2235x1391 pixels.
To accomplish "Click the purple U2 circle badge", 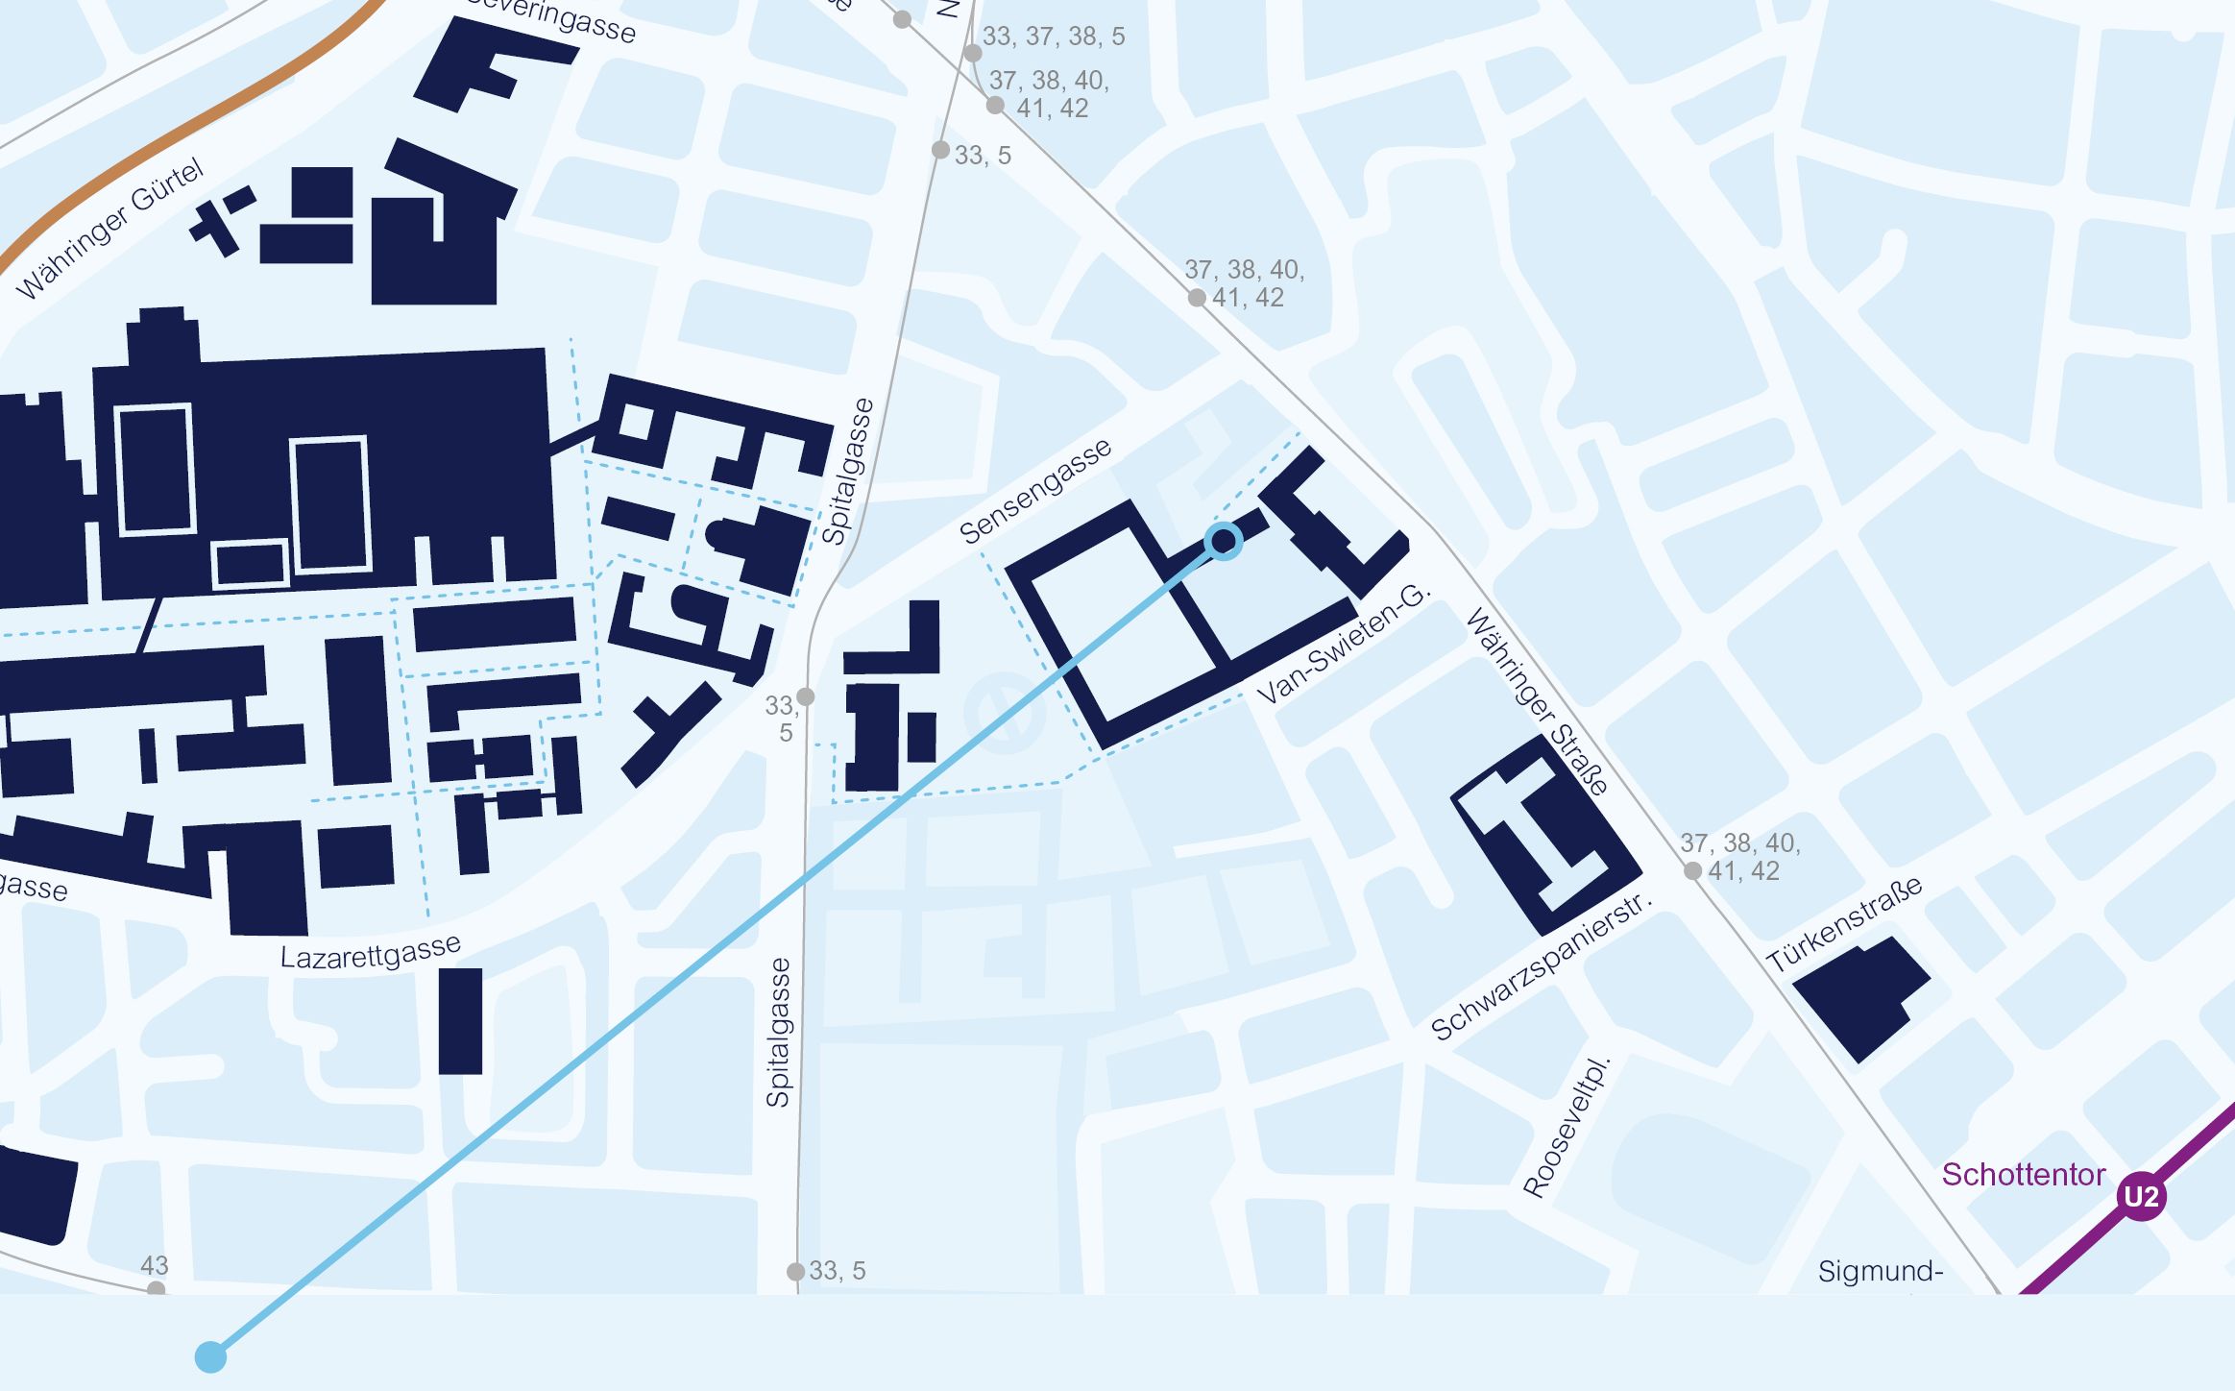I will [x=2141, y=1196].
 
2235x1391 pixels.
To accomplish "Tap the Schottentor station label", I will [x=2023, y=1174].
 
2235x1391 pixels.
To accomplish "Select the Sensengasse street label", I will [x=1035, y=491].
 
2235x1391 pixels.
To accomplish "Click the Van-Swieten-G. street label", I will [x=1343, y=644].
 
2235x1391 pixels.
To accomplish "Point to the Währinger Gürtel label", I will [x=110, y=229].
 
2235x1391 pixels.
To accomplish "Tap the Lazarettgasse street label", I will [x=370, y=952].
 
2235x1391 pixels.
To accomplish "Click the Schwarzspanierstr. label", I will [x=1542, y=966].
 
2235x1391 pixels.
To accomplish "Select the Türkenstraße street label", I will [x=1844, y=923].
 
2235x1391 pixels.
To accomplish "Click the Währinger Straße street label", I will [x=1536, y=702].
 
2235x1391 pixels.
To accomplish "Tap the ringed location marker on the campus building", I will [x=1223, y=542].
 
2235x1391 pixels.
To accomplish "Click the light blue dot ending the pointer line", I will [x=210, y=1357].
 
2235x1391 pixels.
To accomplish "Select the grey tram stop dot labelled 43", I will [x=156, y=1289].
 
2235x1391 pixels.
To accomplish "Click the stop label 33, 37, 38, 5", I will [x=1054, y=37].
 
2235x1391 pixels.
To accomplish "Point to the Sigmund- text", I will [x=1880, y=1271].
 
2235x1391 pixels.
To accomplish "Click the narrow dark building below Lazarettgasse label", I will [x=460, y=1020].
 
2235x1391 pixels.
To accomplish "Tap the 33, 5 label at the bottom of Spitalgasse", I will [x=837, y=1271].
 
